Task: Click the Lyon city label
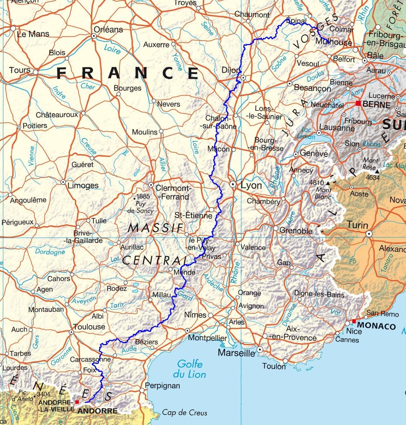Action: (251, 186)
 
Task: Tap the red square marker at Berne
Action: (358, 103)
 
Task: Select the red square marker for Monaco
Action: (354, 321)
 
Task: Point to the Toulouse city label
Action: (89, 327)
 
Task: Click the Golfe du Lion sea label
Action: (190, 369)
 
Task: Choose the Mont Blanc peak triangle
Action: (328, 183)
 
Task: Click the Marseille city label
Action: (236, 353)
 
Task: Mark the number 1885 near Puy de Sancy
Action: (143, 196)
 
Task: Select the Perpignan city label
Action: (163, 385)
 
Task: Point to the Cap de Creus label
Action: (185, 413)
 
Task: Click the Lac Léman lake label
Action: (306, 133)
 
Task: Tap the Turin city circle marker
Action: (369, 233)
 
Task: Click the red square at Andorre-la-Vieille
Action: (77, 402)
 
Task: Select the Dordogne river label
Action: (50, 252)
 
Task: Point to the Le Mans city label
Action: (33, 34)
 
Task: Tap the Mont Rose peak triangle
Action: (377, 172)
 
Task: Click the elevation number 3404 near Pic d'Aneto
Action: (44, 394)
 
